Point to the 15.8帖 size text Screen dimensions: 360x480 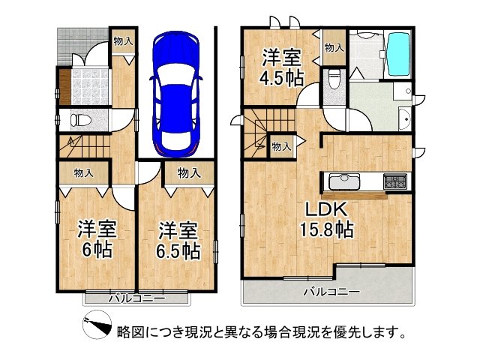328,230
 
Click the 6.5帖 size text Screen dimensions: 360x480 178,248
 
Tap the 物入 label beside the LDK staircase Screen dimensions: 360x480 281,147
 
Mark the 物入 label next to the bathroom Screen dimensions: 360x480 334,47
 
